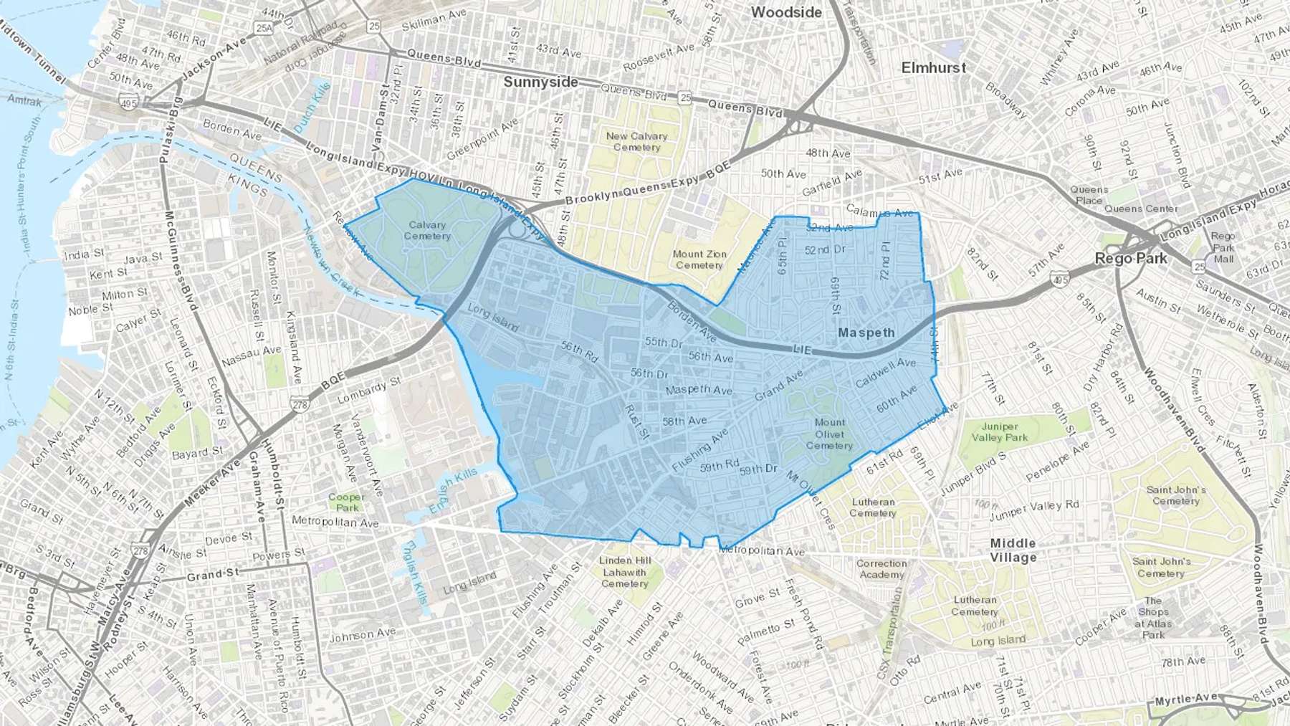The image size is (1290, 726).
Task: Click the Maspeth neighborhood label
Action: tap(866, 333)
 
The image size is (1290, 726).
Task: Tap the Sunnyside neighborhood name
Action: tap(540, 82)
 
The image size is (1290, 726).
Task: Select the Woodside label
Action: tap(786, 12)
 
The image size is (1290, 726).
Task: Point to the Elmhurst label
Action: tap(933, 67)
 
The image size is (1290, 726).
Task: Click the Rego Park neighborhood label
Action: tap(1130, 258)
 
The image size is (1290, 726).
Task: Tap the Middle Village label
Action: tap(1013, 550)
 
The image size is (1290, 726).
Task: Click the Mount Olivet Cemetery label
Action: tap(829, 434)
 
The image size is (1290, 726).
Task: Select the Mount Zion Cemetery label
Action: tap(699, 259)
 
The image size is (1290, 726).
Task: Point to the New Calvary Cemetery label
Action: tap(636, 141)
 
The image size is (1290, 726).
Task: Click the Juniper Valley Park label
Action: tap(999, 431)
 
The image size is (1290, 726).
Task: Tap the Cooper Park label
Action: tap(346, 502)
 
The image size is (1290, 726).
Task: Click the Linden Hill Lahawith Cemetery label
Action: tap(625, 572)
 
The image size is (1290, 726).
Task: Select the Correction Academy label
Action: tap(881, 569)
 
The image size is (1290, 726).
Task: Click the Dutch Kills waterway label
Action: tap(312, 108)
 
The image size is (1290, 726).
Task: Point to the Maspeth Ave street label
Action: tap(699, 390)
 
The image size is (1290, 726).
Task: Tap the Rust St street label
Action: tap(636, 422)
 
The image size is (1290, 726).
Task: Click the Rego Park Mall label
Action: tap(1223, 247)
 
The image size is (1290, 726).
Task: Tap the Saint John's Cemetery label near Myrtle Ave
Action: tap(1161, 567)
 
